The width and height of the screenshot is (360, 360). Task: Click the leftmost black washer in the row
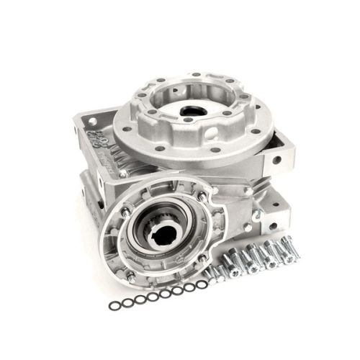tap(113, 306)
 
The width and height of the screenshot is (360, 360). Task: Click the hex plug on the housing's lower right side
tap(247, 192)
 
